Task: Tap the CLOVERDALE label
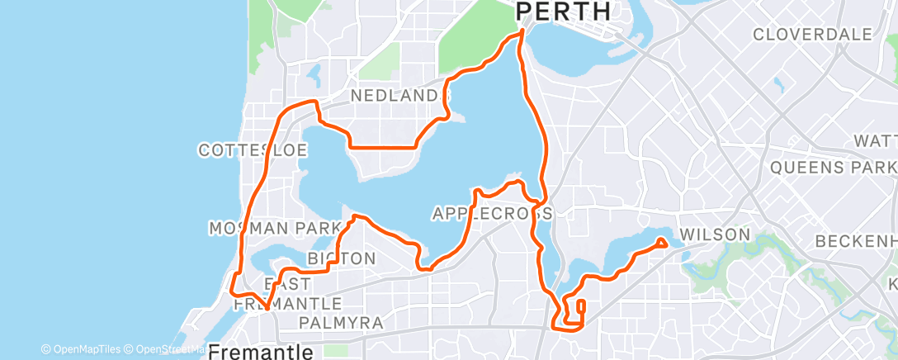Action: [812, 35]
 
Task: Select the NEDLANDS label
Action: [399, 96]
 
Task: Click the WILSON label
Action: [714, 234]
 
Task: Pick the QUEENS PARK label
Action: [832, 168]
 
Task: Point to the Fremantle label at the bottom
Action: [260, 352]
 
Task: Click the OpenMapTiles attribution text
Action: [86, 349]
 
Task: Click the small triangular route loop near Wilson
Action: [661, 243]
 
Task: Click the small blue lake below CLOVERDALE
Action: [777, 83]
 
